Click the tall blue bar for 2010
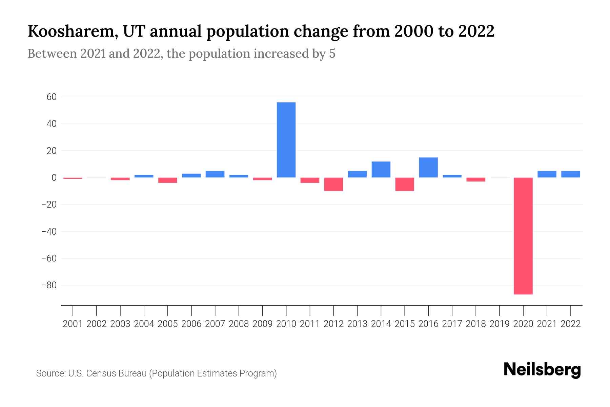coord(286,140)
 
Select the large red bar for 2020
coord(523,236)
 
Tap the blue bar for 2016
coord(428,168)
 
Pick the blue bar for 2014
coord(381,170)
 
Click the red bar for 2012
coord(333,184)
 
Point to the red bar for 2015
coord(405,184)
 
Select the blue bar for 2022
coord(570,174)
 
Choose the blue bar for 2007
coord(215,174)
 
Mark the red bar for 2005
coord(167,180)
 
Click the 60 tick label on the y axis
coord(52,97)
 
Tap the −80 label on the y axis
coord(49,285)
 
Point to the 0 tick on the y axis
coord(54,178)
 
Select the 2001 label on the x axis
coord(73,324)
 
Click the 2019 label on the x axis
coord(499,324)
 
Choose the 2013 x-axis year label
coord(357,324)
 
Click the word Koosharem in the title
coord(73,32)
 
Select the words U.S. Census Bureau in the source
coord(107,373)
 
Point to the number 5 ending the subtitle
coord(332,54)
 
